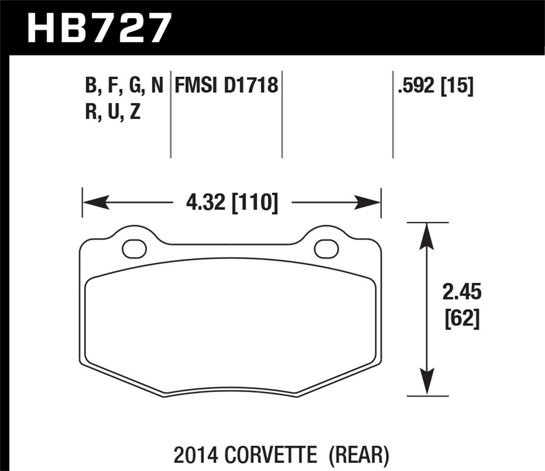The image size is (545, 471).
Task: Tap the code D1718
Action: pyautogui.click(x=251, y=86)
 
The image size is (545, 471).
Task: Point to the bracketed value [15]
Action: pyautogui.click(x=457, y=86)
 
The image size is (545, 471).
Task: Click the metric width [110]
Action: pyautogui.click(x=255, y=202)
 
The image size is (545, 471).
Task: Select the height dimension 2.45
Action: pyautogui.click(x=462, y=293)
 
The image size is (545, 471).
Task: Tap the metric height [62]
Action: pyautogui.click(x=462, y=319)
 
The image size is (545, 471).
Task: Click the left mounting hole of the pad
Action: pyautogui.click(x=134, y=249)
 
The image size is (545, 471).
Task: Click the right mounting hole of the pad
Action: pyautogui.click(x=326, y=249)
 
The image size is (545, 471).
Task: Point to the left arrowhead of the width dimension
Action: pyautogui.click(x=95, y=202)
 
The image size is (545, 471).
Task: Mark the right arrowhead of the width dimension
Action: pyautogui.click(x=368, y=202)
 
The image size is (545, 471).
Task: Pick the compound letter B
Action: pyautogui.click(x=90, y=86)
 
